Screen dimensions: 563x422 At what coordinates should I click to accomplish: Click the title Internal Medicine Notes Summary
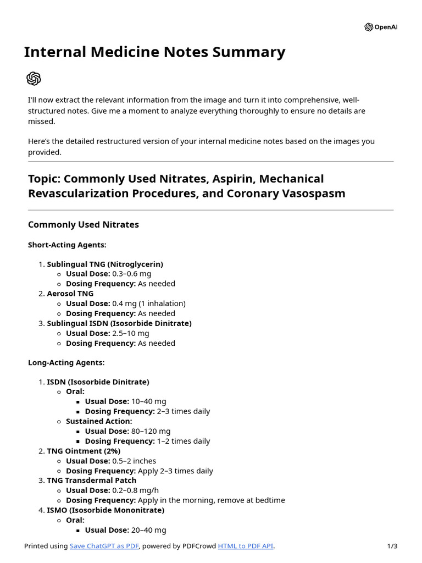tap(154, 52)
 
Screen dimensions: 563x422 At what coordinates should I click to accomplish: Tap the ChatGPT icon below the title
tap(34, 79)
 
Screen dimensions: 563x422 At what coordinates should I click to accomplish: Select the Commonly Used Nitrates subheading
tap(83, 224)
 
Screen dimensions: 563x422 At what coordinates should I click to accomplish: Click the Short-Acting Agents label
tap(67, 245)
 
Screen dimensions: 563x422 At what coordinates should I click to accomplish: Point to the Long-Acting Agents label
tap(66, 362)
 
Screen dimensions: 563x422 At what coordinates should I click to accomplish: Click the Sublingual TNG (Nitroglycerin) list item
tap(104, 264)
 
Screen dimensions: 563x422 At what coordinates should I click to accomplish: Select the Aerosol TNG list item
tap(70, 294)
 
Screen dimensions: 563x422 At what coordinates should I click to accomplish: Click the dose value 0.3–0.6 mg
tap(131, 274)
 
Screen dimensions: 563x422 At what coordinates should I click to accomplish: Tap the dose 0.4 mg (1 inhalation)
tap(149, 303)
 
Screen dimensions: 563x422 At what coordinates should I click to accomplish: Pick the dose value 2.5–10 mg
tap(130, 333)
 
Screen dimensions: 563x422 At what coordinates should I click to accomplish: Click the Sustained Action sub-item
tap(99, 421)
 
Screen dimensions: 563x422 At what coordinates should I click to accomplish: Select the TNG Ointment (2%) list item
tap(84, 451)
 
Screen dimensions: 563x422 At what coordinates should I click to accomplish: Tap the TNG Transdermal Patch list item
tap(91, 480)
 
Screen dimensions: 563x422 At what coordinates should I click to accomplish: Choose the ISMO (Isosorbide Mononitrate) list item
tap(105, 510)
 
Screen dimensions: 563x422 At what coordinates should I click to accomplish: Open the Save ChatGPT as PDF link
tap(104, 546)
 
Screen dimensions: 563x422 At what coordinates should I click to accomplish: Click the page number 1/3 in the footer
tap(392, 546)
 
